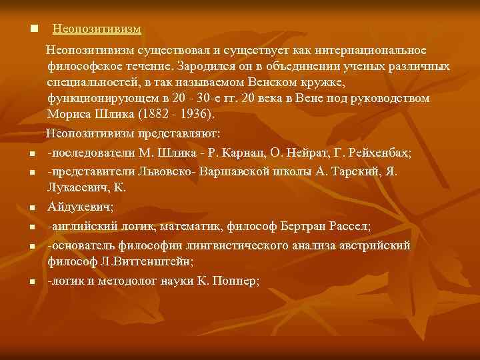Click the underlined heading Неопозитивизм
[x=97, y=29]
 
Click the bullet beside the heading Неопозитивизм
[x=33, y=30]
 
